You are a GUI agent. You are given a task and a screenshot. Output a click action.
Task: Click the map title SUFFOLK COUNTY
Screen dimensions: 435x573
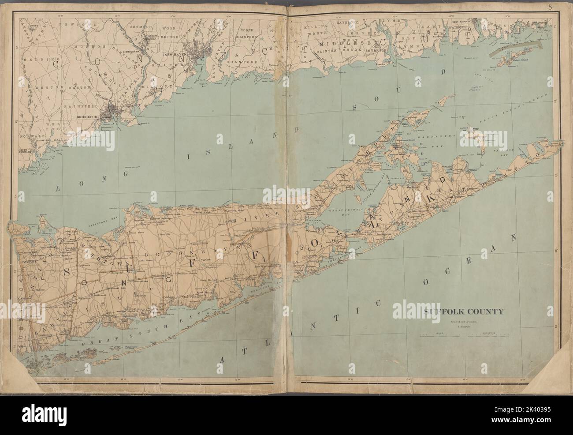pyautogui.click(x=464, y=312)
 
